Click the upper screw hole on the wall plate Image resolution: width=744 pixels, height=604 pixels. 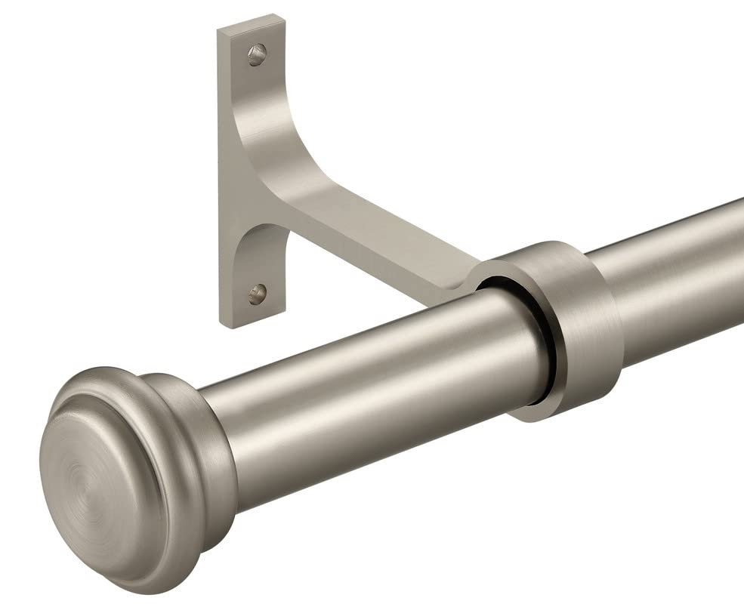click(258, 54)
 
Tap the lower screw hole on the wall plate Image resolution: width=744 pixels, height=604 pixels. click(258, 290)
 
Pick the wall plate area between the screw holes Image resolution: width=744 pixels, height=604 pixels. click(242, 174)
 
